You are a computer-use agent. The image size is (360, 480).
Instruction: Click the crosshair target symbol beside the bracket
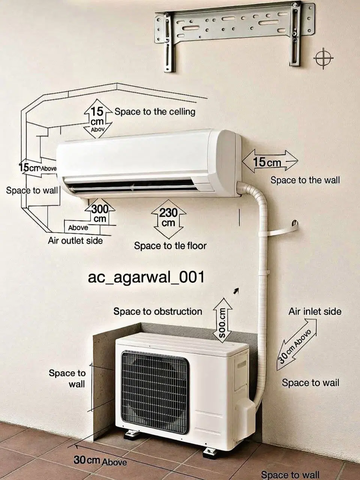(324, 58)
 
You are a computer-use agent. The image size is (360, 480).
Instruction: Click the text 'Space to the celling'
(155, 112)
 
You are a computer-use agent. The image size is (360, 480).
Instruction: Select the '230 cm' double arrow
(168, 219)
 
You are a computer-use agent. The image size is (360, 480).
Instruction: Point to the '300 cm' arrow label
(100, 213)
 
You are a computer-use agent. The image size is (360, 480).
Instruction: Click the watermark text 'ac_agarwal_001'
(146, 277)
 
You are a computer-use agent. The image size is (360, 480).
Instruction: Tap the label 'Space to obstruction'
(157, 312)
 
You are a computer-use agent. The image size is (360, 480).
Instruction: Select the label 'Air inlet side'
(315, 312)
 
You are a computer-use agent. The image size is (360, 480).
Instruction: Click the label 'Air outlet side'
(75, 241)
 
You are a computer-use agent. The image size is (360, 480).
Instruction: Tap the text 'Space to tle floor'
(170, 246)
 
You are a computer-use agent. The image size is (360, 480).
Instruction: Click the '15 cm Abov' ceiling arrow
(98, 118)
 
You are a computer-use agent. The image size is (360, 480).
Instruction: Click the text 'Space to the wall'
(305, 180)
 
